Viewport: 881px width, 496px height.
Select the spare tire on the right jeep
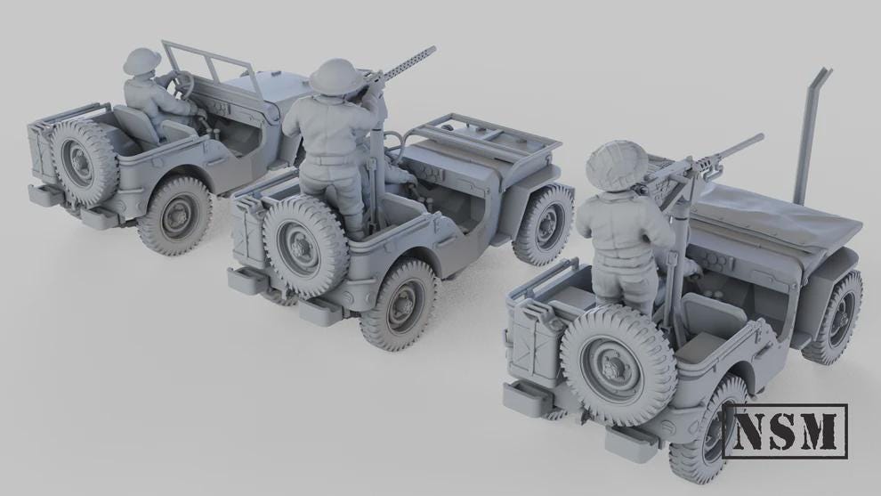pyautogui.click(x=615, y=354)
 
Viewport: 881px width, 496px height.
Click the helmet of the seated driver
pyautogui.click(x=141, y=62)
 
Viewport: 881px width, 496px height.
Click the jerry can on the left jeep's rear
pyautogui.click(x=41, y=147)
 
